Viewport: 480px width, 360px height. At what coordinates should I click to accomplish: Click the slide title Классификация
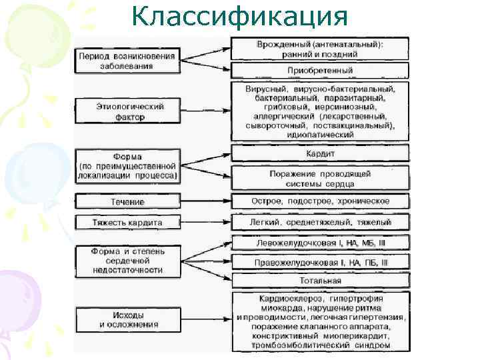pyautogui.click(x=239, y=16)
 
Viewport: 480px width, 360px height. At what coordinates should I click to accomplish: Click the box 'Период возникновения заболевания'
pyautogui.click(x=127, y=61)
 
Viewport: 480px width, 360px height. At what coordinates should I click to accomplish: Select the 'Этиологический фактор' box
pyautogui.click(x=127, y=111)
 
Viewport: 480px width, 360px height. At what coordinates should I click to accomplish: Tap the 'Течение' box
pyautogui.click(x=127, y=201)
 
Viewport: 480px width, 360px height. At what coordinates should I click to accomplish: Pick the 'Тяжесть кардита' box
pyautogui.click(x=127, y=222)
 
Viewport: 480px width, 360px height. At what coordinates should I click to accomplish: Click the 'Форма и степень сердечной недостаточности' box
pyautogui.click(x=127, y=261)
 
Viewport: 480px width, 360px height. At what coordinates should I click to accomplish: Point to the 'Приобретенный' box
pyautogui.click(x=320, y=70)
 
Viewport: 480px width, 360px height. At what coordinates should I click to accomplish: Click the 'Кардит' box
pyautogui.click(x=320, y=153)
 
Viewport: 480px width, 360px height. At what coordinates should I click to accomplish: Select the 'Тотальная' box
pyautogui.click(x=320, y=281)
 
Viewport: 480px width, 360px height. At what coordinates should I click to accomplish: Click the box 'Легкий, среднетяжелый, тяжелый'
pyautogui.click(x=320, y=222)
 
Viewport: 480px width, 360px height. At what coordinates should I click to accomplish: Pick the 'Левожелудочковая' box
pyautogui.click(x=320, y=243)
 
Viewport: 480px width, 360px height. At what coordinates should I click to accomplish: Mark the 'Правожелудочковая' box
pyautogui.click(x=320, y=263)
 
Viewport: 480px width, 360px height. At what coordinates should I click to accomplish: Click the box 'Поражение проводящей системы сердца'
pyautogui.click(x=320, y=179)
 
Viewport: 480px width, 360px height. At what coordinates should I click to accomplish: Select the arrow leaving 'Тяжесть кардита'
pyautogui.click(x=204, y=222)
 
